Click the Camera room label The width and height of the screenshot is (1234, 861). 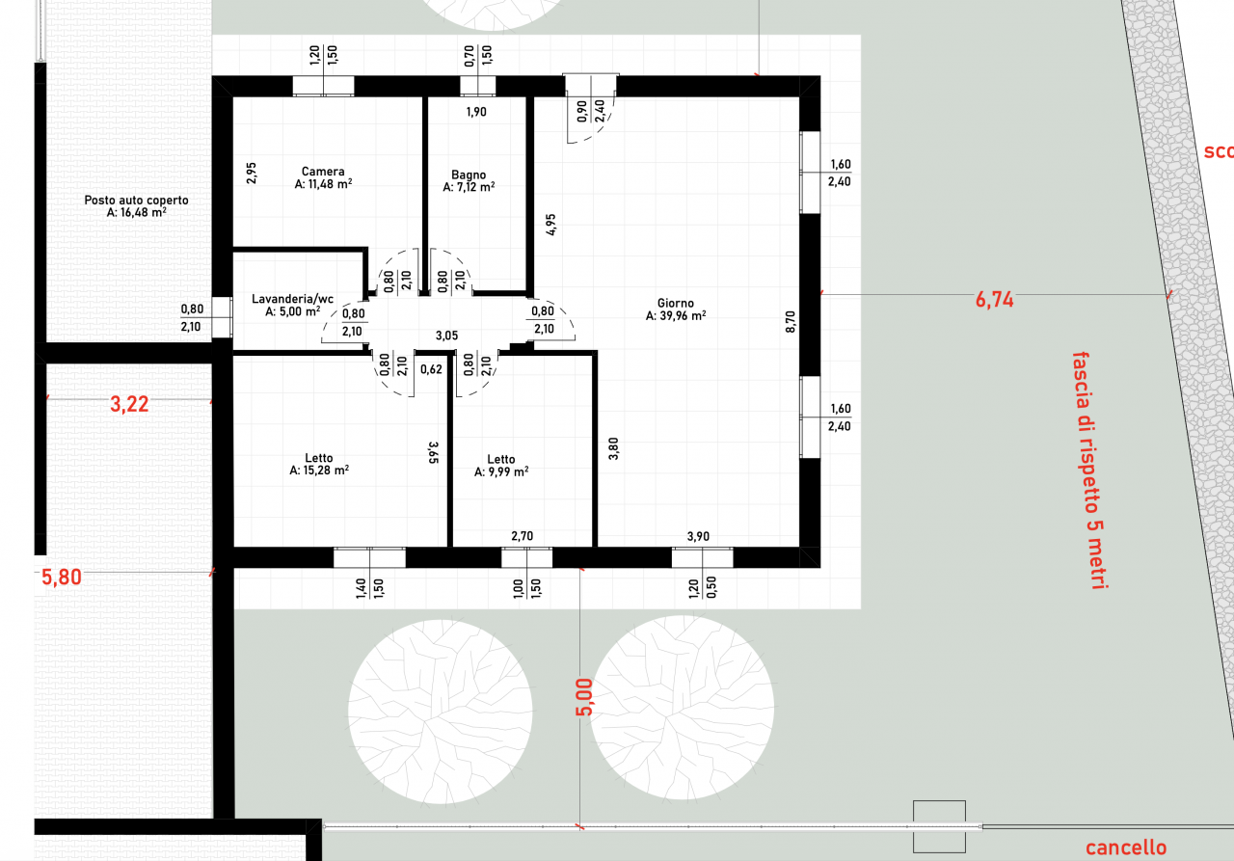[323, 172]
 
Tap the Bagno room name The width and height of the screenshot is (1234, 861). [469, 175]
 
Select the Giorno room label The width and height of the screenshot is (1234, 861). [676, 303]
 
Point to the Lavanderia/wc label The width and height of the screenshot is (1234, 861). [292, 299]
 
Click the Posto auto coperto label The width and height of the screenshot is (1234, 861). [136, 200]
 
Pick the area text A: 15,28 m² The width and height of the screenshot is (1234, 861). [319, 470]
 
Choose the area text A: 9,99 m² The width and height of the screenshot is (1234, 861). [501, 471]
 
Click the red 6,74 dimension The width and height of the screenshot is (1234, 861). [994, 299]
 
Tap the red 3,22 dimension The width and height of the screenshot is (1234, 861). [129, 404]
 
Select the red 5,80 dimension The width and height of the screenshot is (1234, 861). [62, 578]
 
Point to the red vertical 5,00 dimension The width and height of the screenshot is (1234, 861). [584, 697]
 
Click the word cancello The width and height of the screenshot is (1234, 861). [1126, 848]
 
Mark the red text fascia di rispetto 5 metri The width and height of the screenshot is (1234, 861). [1088, 471]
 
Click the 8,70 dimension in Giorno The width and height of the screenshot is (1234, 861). [791, 322]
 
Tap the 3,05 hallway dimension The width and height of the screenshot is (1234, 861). [446, 336]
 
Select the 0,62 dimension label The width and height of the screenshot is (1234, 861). [431, 369]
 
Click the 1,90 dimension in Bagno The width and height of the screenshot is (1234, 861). [476, 112]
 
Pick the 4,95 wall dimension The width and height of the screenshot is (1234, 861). [550, 225]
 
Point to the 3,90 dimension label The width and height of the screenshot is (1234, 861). [698, 536]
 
